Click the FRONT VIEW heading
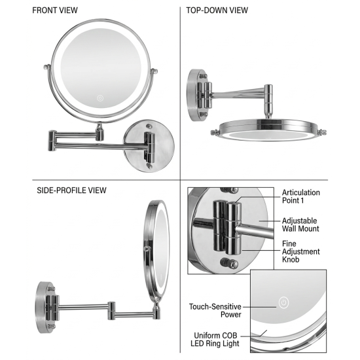click(x=55, y=10)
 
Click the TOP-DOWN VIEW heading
click(x=217, y=10)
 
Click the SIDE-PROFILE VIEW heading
click(x=71, y=190)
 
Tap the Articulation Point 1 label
click(x=301, y=196)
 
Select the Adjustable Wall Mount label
click(x=300, y=225)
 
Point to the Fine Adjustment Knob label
click(x=301, y=251)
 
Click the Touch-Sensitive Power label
click(x=215, y=310)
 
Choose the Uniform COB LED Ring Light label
click(x=215, y=339)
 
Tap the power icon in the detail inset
click(x=284, y=302)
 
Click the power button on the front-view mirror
click(x=100, y=98)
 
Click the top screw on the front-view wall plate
click(x=149, y=126)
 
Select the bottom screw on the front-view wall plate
click(x=149, y=166)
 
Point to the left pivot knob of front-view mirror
click(x=47, y=67)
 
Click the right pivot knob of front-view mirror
click(x=154, y=71)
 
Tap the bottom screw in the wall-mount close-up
click(x=229, y=263)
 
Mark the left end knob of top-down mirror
click(x=215, y=132)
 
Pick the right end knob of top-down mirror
click(x=322, y=132)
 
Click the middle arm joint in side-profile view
click(x=111, y=311)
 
